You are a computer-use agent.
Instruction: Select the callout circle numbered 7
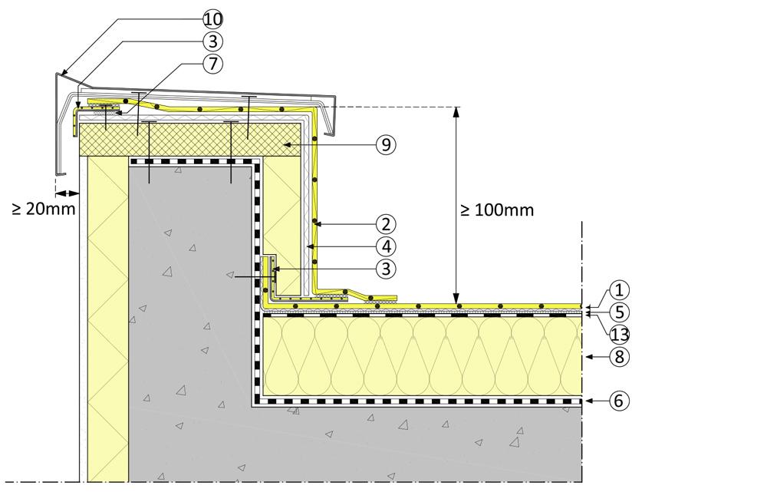click(212, 64)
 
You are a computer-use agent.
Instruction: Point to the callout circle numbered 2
click(387, 224)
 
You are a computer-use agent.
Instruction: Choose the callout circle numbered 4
click(387, 246)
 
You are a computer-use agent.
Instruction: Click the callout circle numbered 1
click(620, 290)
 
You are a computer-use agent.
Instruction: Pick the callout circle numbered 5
click(620, 312)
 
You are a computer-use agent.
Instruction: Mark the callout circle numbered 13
click(620, 333)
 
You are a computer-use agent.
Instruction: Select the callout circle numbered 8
click(620, 356)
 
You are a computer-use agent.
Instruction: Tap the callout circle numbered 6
click(620, 400)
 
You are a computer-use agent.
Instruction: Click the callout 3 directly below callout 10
click(212, 40)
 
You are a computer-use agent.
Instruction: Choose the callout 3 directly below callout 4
click(387, 269)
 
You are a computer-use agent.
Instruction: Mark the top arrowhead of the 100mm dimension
click(456, 111)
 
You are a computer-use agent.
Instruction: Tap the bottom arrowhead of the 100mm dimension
click(456, 299)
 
